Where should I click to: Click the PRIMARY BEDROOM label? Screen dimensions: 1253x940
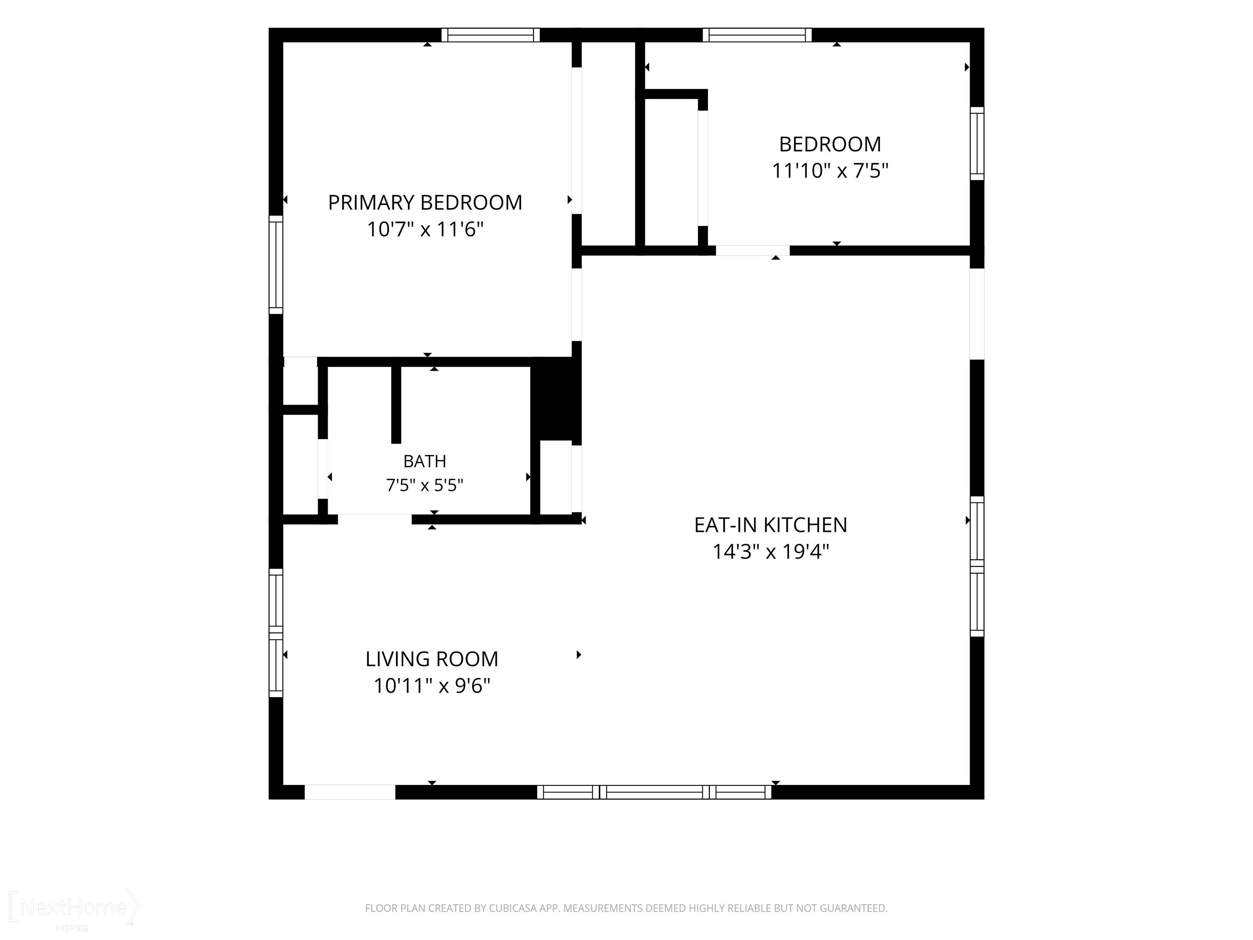point(425,203)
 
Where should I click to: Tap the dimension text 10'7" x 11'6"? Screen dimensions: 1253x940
point(425,229)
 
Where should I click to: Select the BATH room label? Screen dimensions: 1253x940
point(425,461)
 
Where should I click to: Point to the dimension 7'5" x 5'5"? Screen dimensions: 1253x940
point(425,485)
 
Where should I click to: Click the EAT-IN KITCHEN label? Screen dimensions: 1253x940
point(770,525)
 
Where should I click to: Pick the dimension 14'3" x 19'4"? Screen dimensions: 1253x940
point(770,551)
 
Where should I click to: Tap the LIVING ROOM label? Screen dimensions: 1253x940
point(432,659)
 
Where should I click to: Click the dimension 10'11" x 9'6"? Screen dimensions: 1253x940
point(432,685)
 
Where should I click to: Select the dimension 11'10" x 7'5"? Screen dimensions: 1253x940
point(830,170)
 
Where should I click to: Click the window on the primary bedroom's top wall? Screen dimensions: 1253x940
point(491,35)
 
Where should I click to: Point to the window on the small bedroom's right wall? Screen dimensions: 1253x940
point(977,143)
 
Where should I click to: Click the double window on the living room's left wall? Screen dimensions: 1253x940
point(276,633)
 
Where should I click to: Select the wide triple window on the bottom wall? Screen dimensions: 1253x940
point(654,792)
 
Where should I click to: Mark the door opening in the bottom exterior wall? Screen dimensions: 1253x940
point(350,792)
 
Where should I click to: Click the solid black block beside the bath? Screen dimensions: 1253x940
point(556,399)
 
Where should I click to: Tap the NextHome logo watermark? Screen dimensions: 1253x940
point(74,908)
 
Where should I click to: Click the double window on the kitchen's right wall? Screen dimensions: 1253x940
point(977,567)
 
